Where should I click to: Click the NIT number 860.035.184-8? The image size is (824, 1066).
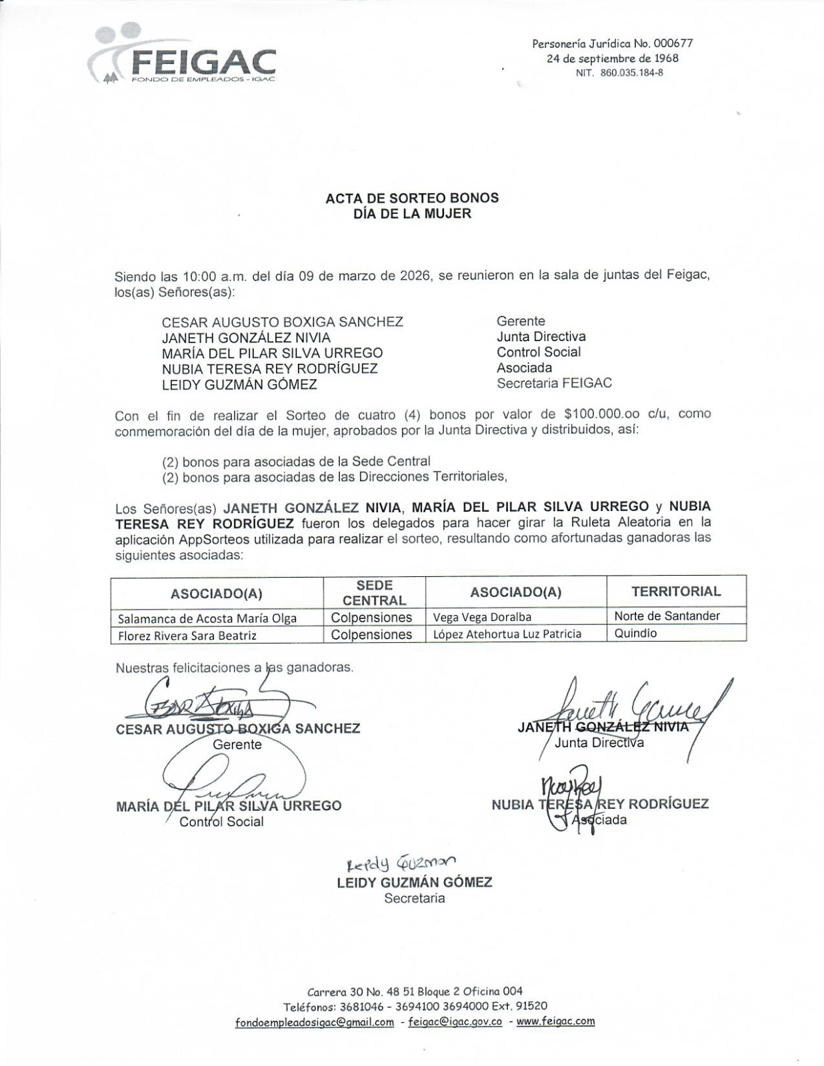coord(619,73)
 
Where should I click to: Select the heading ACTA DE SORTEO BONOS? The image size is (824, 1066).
coord(411,198)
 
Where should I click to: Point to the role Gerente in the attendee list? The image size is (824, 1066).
coord(521,321)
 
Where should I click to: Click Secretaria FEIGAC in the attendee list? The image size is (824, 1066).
coord(554,383)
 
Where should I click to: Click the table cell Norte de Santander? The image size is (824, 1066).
coord(667,616)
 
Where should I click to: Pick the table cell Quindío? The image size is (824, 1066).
coord(635,634)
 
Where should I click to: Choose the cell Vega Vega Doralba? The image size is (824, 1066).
coord(482,617)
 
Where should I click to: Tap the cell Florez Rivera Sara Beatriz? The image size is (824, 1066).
coord(187,635)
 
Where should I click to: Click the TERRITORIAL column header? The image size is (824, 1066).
coord(675,592)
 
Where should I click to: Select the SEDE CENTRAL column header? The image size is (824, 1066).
coord(374,592)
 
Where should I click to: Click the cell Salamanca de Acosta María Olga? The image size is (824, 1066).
coord(207,618)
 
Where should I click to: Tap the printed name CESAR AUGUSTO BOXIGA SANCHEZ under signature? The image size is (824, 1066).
coord(237,729)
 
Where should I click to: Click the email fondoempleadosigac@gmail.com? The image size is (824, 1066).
coord(314,1023)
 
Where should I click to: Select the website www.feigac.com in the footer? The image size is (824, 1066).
coord(555,1021)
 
